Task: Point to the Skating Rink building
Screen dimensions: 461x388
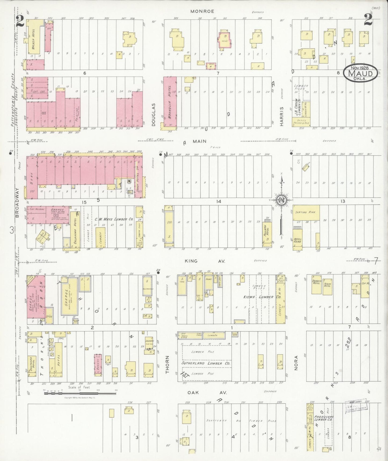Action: coord(306,212)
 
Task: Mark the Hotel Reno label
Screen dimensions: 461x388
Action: coord(298,240)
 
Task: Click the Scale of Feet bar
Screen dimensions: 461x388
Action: coord(81,393)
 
